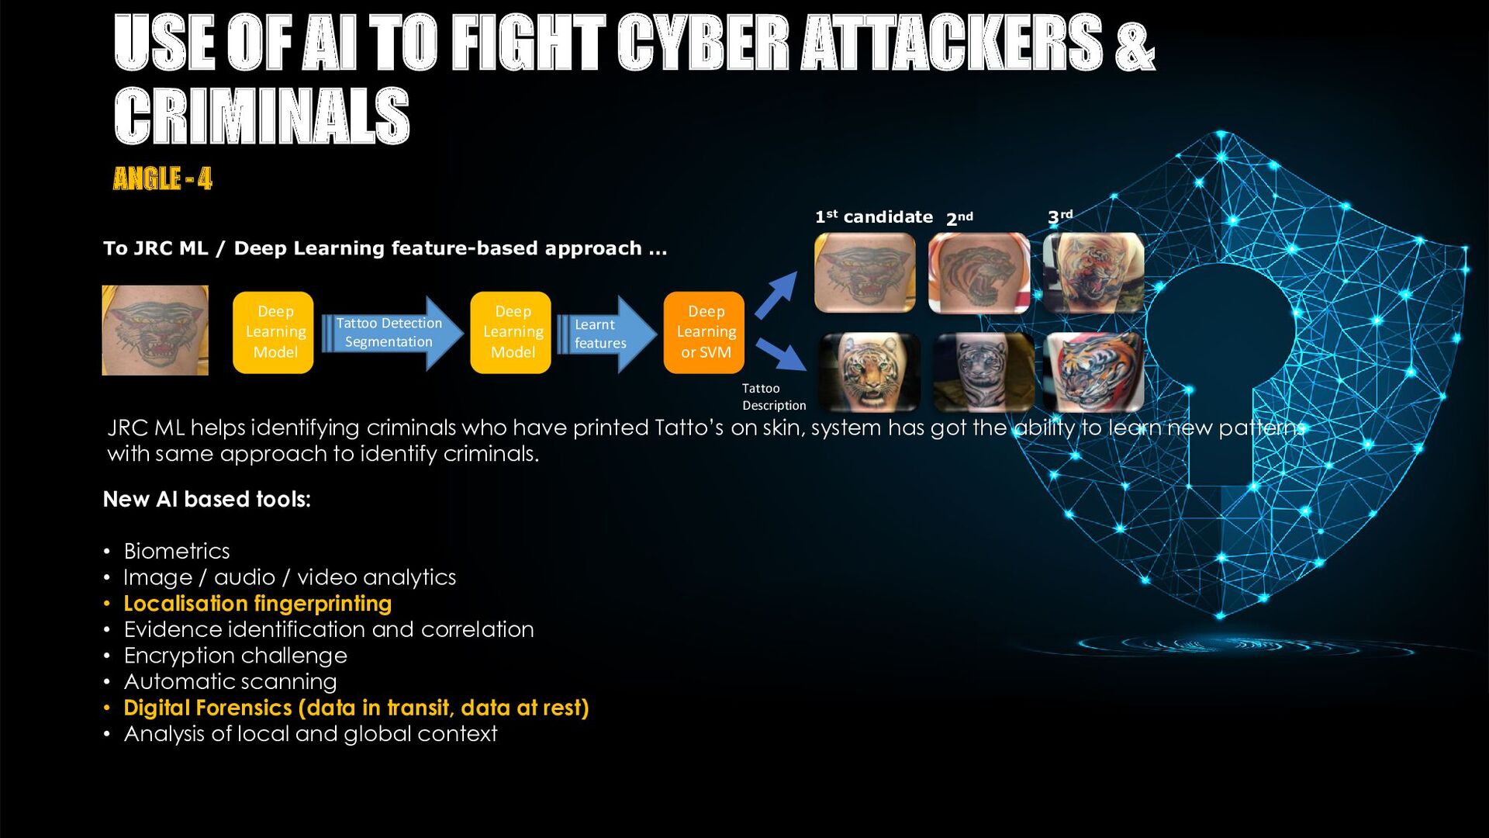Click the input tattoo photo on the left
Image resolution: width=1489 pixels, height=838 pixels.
[x=155, y=331]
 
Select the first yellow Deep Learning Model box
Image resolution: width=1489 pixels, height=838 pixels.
[x=273, y=332]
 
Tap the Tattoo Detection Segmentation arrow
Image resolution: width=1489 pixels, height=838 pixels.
[x=391, y=333]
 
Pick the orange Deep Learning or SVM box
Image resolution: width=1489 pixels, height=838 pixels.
[x=704, y=332]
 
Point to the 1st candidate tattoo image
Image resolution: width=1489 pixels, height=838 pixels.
[x=865, y=272]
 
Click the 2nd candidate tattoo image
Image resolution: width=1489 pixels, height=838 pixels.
[x=979, y=273]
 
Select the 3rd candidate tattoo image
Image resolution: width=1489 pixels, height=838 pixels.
[x=1093, y=273]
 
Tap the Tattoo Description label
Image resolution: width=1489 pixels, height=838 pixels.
[x=773, y=396]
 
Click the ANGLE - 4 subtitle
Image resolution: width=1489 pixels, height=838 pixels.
[x=162, y=179]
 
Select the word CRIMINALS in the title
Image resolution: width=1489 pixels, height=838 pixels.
[x=261, y=116]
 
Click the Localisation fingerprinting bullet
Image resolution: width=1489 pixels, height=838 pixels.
[x=257, y=604]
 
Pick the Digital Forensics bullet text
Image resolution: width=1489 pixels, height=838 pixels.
[x=356, y=708]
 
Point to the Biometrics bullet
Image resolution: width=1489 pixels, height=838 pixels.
[x=177, y=551]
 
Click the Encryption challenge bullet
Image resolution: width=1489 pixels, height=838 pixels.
[x=235, y=656]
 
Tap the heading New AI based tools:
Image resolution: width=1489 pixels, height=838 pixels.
[x=206, y=499]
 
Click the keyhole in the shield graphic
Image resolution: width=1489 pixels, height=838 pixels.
[x=1220, y=365]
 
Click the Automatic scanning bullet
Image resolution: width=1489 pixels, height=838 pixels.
[x=230, y=682]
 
